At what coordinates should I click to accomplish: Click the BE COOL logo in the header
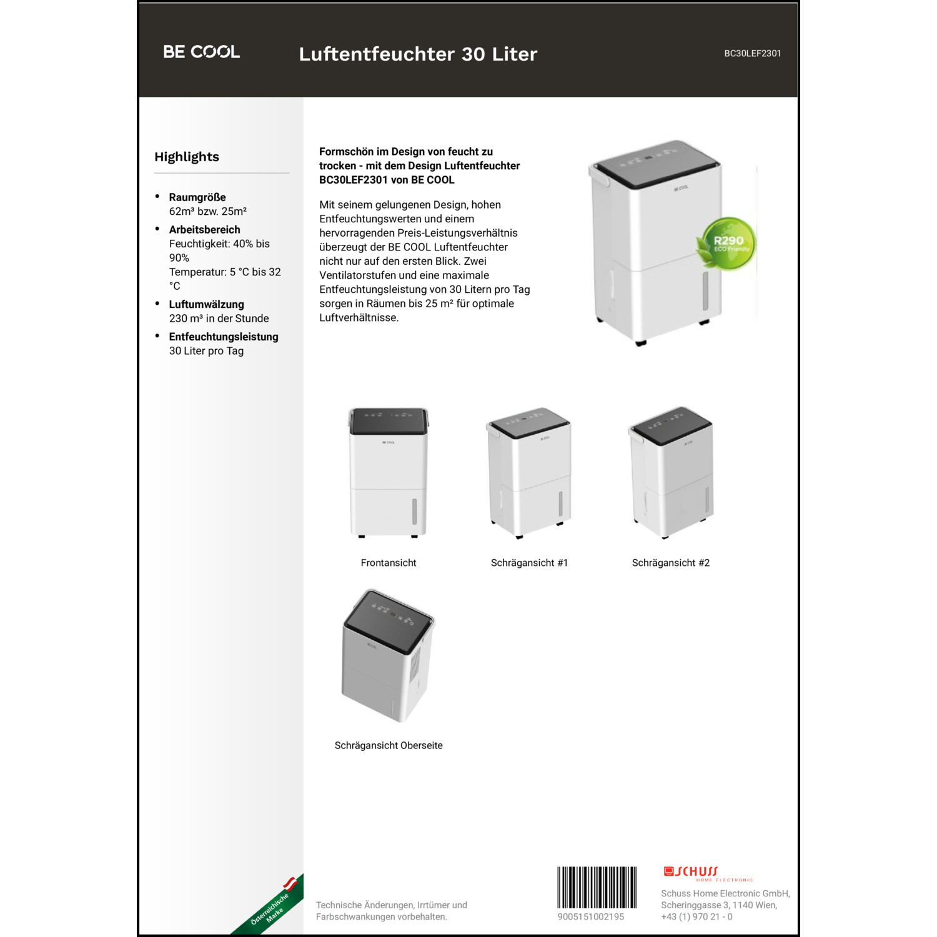coord(201,52)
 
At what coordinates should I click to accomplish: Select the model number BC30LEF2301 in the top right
coord(752,54)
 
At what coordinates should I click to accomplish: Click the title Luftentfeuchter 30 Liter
coord(418,54)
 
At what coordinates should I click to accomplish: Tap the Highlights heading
coord(187,157)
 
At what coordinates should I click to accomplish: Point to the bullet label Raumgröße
coord(197,197)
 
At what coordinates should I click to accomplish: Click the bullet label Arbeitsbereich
coord(204,230)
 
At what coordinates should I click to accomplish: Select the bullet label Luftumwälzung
coord(206,305)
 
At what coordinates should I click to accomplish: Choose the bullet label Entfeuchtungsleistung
coord(224,337)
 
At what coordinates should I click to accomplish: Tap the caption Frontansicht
coord(389,563)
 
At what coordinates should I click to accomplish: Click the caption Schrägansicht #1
coord(529,563)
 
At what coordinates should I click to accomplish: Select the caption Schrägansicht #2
coord(670,563)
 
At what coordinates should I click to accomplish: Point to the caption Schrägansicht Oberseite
coord(389,745)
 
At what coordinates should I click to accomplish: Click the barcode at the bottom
coord(597,887)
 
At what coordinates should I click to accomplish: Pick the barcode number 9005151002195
coord(591,917)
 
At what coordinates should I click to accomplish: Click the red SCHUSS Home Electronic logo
coord(707,873)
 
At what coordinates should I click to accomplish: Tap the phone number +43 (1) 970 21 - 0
coord(697,917)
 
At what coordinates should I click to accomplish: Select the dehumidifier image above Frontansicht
coord(389,473)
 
